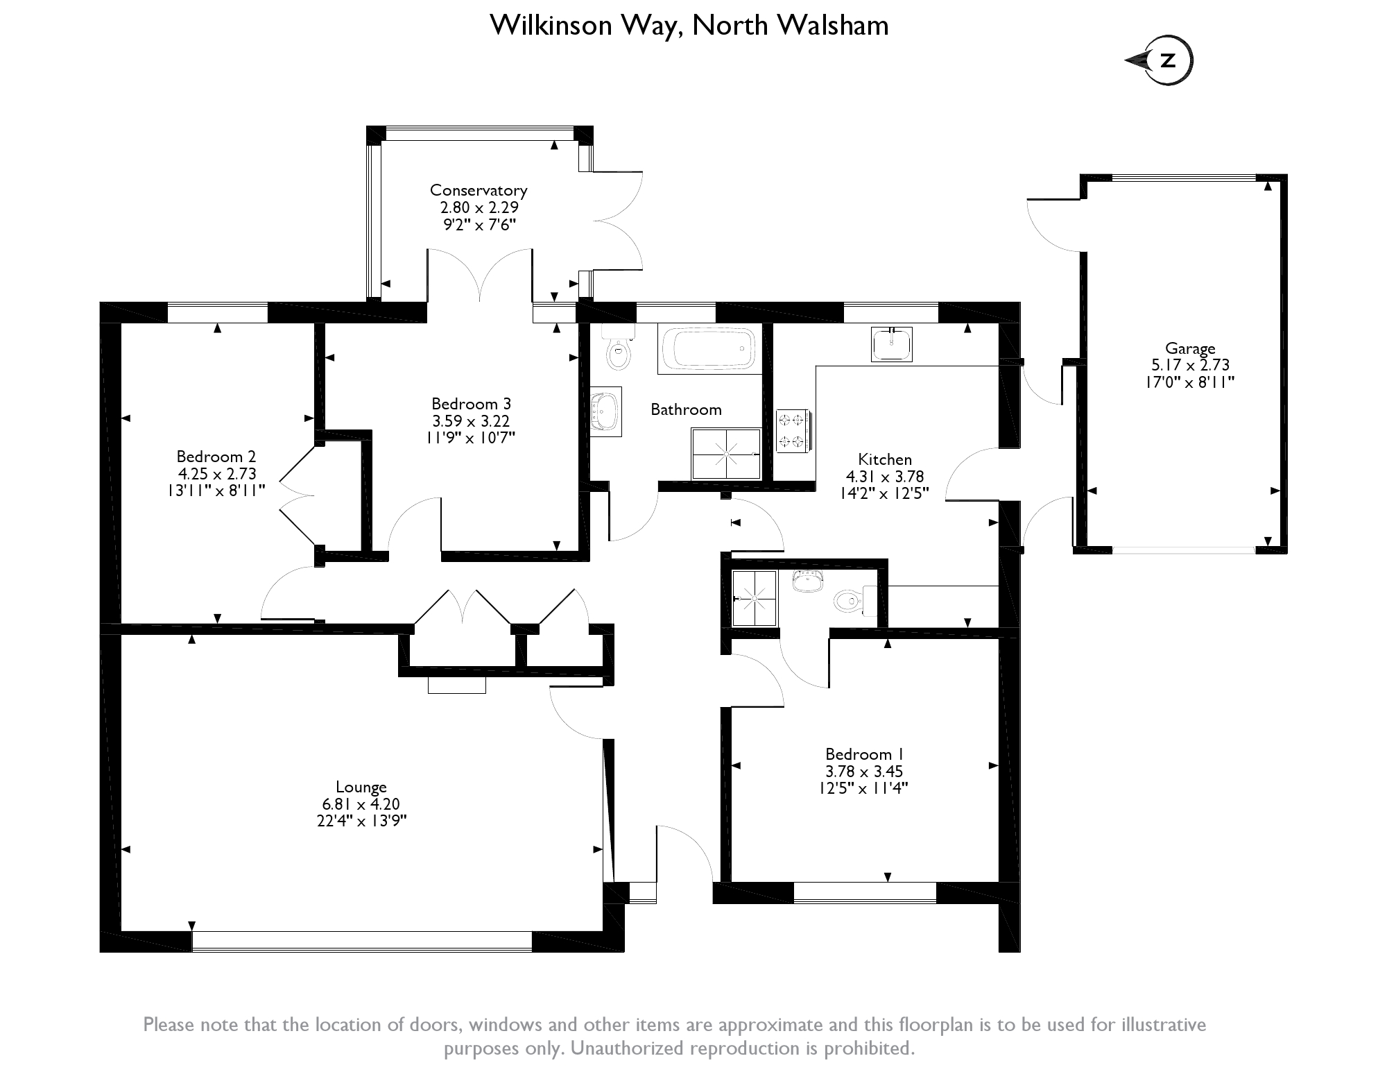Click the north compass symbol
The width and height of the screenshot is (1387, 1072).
tap(1167, 60)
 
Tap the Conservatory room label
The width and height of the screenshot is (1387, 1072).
tap(479, 190)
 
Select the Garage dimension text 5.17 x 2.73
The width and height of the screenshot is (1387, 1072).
tap(1189, 365)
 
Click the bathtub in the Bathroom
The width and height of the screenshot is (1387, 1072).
tap(708, 349)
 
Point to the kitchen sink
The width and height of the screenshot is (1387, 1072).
tap(891, 344)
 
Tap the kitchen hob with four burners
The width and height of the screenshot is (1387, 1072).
tap(792, 430)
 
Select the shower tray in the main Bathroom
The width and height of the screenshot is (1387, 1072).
tap(726, 454)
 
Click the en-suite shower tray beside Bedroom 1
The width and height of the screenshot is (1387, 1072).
tap(754, 597)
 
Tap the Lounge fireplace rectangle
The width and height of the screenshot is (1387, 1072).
tap(456, 685)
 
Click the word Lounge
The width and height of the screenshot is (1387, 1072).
tap(361, 787)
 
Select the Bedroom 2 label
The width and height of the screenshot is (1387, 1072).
tap(216, 457)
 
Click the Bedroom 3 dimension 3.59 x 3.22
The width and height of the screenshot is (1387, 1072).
tap(471, 421)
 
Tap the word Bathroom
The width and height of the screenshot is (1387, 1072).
tap(686, 409)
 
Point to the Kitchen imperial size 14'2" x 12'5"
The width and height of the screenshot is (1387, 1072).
tap(884, 493)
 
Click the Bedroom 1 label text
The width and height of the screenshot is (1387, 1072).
tap(863, 754)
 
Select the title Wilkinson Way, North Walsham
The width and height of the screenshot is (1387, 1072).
tap(689, 26)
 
